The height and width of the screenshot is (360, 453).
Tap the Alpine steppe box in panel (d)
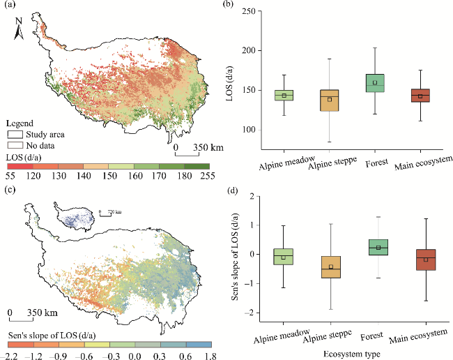click(330, 267)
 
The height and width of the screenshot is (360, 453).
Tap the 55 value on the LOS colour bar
click(9, 177)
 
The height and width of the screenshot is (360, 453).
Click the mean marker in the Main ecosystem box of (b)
click(420, 96)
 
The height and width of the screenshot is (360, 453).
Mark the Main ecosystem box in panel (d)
click(420, 260)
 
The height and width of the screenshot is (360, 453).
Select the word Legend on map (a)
click(19, 123)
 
